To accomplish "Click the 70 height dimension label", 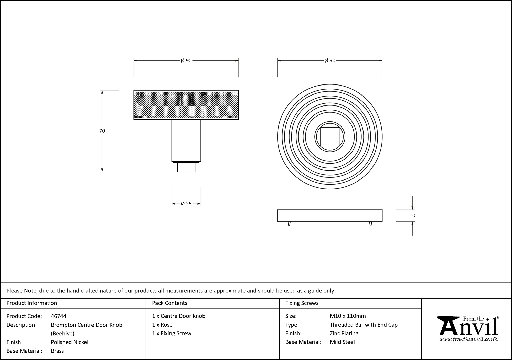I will tap(102, 131).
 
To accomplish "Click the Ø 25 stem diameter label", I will tap(186, 204).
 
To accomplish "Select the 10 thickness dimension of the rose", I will tap(412, 215).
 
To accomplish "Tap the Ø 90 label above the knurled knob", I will tap(186, 61).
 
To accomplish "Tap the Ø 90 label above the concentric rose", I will tap(330, 61).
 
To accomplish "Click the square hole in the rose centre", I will tap(330, 137).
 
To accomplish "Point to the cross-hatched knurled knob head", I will tap(186, 105).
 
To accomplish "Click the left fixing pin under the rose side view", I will tap(289, 224).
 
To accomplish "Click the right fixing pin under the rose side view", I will tap(370, 224).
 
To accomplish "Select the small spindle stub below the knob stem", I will tap(186, 167).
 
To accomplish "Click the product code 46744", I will tap(59, 316).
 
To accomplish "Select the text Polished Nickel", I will tap(69, 342).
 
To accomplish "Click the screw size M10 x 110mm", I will tap(348, 316).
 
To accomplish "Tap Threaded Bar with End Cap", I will tap(364, 325).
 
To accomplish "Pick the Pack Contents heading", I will tap(169, 303).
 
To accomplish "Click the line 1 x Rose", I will tap(162, 325).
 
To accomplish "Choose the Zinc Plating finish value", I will tap(344, 333).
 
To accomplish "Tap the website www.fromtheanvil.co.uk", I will tap(468, 339).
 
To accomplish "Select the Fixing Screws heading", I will tap(302, 303).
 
